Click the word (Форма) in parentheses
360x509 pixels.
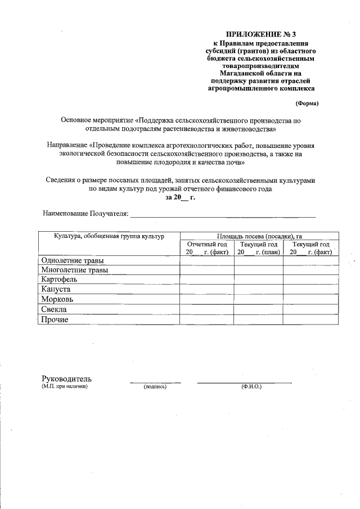pyautogui.click(x=307, y=103)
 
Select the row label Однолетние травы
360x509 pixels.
pyautogui.click(x=73, y=260)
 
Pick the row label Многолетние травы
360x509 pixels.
pyautogui.click(x=75, y=270)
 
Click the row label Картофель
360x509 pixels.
pyautogui.click(x=62, y=280)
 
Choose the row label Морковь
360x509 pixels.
pyautogui.click(x=61, y=299)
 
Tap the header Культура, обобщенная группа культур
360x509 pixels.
pyautogui.click(x=109, y=236)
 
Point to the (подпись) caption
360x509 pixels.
pyautogui.click(x=155, y=387)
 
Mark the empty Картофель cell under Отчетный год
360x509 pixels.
pyautogui.click(x=206, y=280)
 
